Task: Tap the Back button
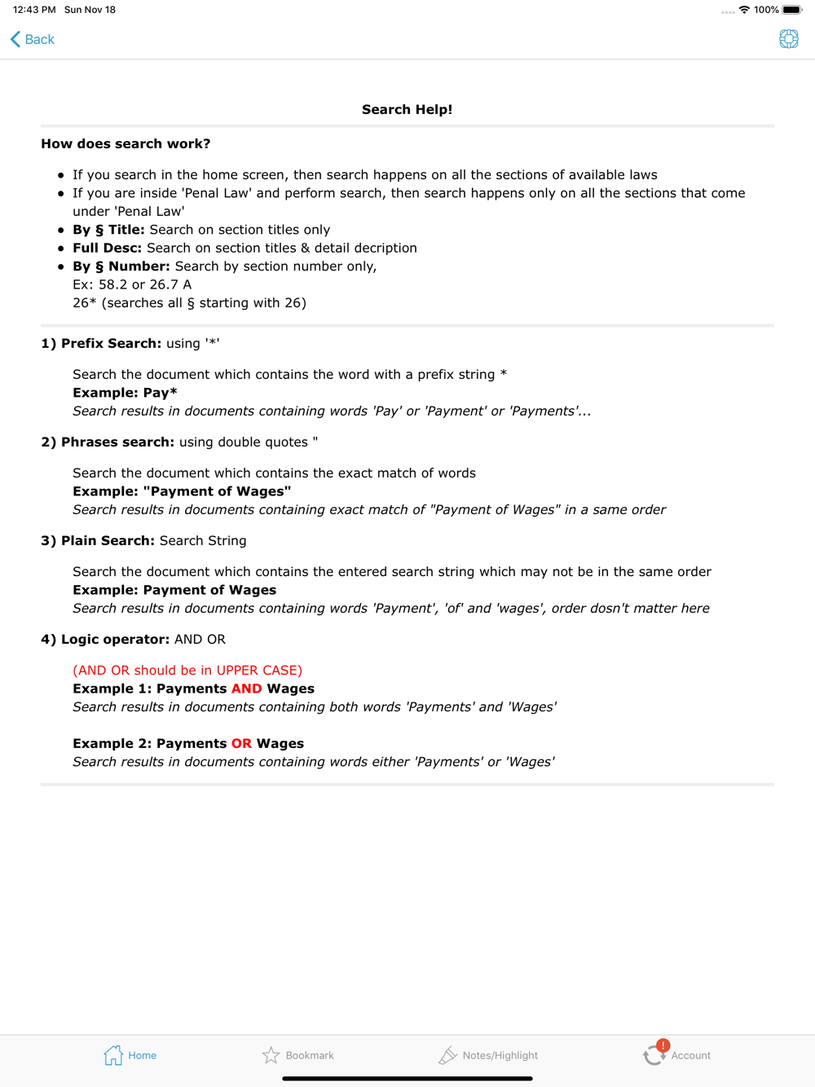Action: pyautogui.click(x=33, y=39)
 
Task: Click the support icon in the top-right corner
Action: pyautogui.click(x=788, y=39)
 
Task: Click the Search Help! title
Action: pyautogui.click(x=407, y=110)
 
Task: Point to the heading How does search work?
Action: pyautogui.click(x=126, y=144)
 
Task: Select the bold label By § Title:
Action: pyautogui.click(x=108, y=230)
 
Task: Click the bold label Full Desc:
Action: pyautogui.click(x=107, y=248)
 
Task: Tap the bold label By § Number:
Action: pyautogui.click(x=121, y=266)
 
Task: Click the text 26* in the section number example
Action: pyautogui.click(x=84, y=303)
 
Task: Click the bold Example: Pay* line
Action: pyautogui.click(x=125, y=393)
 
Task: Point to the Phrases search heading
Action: pyautogui.click(x=108, y=442)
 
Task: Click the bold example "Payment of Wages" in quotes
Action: pyautogui.click(x=217, y=491)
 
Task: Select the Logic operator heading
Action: pyautogui.click(x=105, y=640)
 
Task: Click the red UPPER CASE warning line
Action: pyautogui.click(x=187, y=671)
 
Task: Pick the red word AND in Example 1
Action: pyautogui.click(x=246, y=689)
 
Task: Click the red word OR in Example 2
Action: pyautogui.click(x=241, y=744)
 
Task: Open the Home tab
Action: pyautogui.click(x=130, y=1055)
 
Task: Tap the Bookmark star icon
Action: pyautogui.click(x=271, y=1055)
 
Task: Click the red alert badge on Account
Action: pyautogui.click(x=663, y=1045)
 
